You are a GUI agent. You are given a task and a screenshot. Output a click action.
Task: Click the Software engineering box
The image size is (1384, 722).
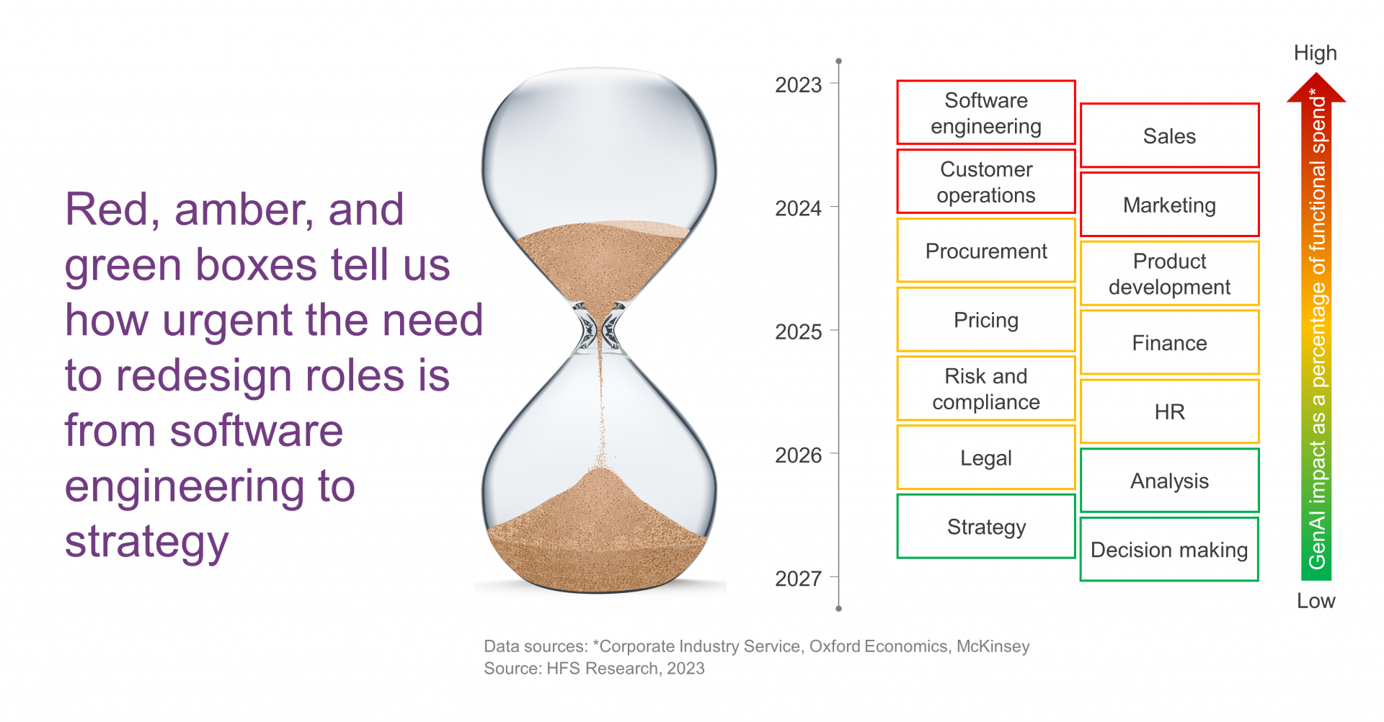tap(986, 112)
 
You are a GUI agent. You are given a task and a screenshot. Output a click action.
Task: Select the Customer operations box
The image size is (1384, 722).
tap(986, 182)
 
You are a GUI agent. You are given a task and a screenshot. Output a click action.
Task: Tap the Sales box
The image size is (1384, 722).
tap(1169, 135)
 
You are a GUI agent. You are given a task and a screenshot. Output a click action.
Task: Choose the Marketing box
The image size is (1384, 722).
tap(1169, 205)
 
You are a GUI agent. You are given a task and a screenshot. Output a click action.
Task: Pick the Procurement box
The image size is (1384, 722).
tap(986, 251)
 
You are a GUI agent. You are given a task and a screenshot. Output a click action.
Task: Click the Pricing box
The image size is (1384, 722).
tap(986, 319)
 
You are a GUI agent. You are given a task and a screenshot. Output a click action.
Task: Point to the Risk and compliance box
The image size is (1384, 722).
tap(986, 388)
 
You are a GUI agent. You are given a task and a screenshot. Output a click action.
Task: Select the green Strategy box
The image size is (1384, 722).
tap(986, 526)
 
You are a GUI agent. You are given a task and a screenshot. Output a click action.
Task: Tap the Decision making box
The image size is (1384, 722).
tap(1169, 549)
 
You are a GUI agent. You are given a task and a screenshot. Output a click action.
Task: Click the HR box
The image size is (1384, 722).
tap(1169, 411)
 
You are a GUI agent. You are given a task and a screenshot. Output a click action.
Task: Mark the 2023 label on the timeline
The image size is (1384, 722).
tap(798, 85)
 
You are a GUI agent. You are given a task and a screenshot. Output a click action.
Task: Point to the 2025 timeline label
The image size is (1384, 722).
tap(798, 331)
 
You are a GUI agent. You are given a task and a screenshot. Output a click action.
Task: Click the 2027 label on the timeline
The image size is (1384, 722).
tap(798, 578)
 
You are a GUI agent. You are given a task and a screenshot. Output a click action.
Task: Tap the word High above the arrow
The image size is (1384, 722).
tap(1315, 53)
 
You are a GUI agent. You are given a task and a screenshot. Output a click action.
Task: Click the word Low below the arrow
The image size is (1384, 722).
tap(1316, 600)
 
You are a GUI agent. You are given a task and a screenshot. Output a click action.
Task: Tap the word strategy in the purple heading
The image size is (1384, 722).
tap(147, 542)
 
